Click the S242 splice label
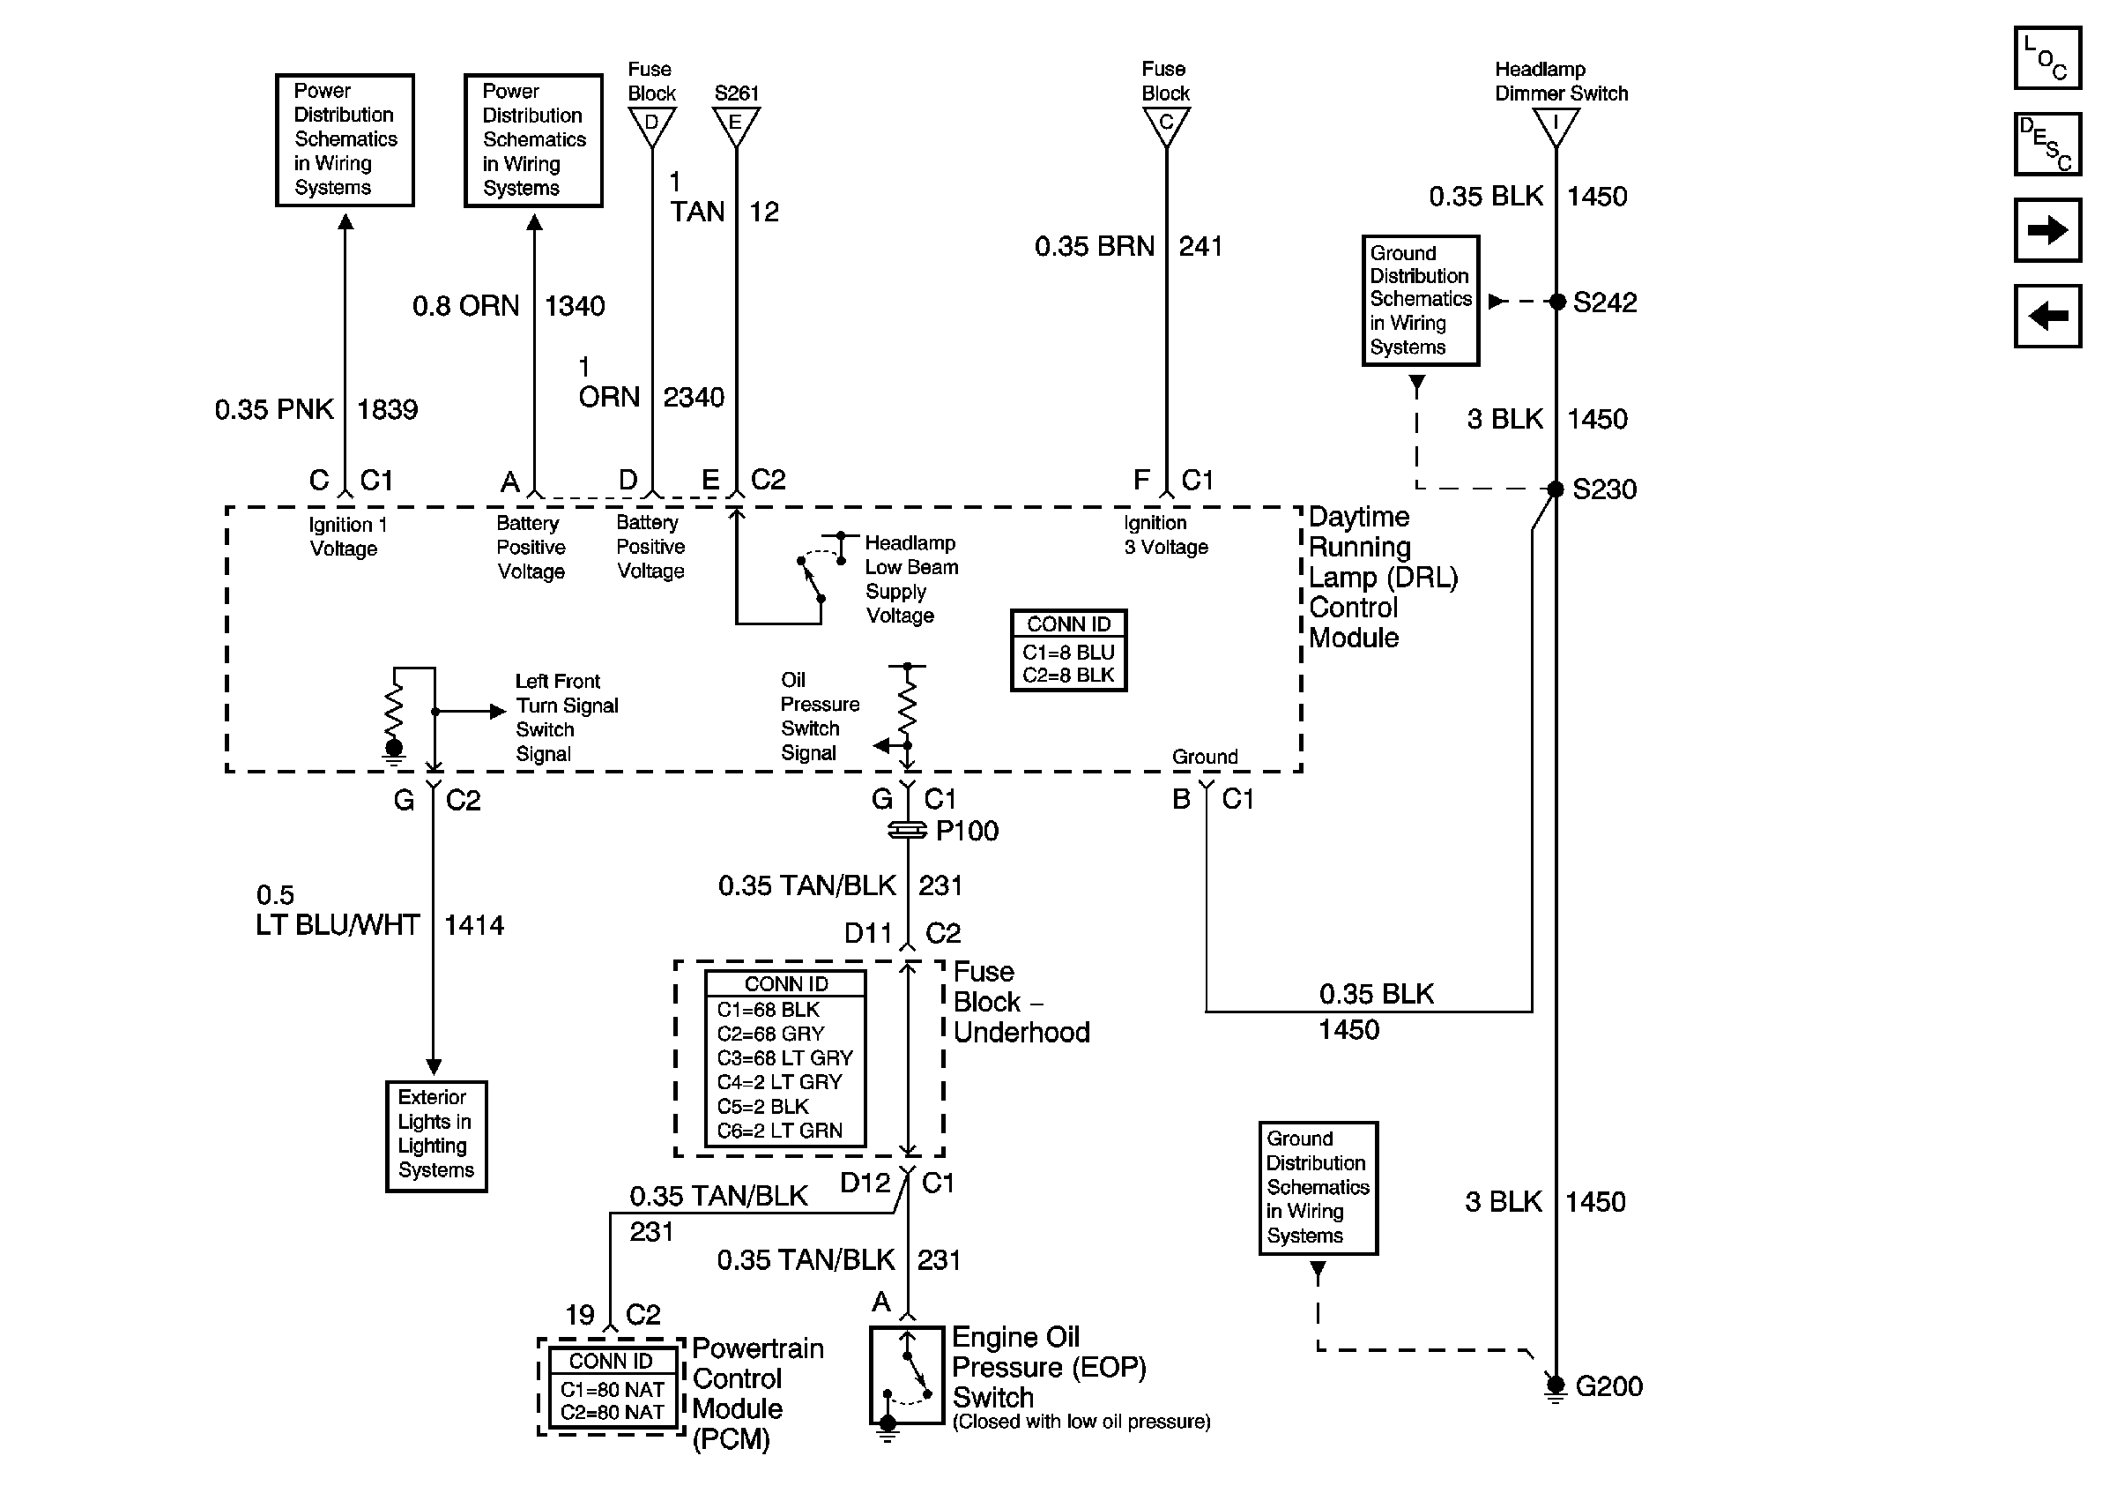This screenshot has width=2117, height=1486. (1604, 302)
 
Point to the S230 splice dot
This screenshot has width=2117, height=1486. (1556, 489)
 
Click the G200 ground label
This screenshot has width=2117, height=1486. (1609, 1385)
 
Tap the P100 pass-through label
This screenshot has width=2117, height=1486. (966, 830)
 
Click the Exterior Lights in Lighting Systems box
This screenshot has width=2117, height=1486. (436, 1137)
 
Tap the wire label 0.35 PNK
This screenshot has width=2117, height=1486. (274, 409)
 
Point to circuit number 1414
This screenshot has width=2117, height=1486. (474, 925)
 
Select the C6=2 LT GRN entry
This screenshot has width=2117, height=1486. (779, 1131)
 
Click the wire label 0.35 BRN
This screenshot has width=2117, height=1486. (1094, 246)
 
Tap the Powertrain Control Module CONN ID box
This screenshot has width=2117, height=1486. (612, 1387)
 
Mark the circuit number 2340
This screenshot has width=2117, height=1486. (694, 398)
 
